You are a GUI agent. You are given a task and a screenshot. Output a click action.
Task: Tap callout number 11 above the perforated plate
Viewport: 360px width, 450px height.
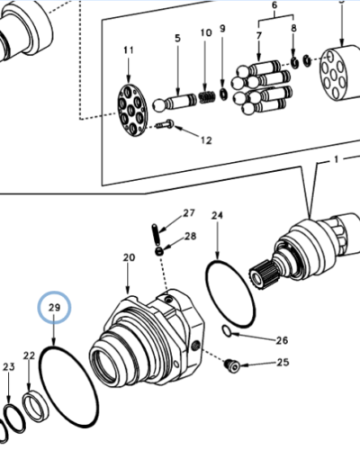coord(128,49)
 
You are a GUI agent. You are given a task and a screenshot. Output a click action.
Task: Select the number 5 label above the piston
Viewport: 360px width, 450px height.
coord(177,39)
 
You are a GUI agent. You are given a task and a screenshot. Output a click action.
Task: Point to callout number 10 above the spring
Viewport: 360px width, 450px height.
coord(206,33)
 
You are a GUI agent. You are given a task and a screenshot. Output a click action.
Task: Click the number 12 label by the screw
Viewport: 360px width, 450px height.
coord(206,140)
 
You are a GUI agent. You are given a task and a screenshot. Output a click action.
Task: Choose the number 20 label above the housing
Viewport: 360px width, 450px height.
coord(128,258)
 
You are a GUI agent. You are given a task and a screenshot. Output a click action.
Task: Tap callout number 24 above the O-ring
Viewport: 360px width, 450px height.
coord(217,216)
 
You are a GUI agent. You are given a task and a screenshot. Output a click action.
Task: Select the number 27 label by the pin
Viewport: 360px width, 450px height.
coord(189,213)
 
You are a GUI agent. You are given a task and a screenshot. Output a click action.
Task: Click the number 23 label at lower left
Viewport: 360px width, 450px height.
coord(9,366)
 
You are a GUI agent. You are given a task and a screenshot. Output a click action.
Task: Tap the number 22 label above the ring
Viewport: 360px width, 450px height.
coord(29,356)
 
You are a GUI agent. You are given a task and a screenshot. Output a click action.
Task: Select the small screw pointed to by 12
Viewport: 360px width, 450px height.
coord(165,125)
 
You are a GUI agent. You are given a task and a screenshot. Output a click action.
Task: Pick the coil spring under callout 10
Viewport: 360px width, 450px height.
coord(207,93)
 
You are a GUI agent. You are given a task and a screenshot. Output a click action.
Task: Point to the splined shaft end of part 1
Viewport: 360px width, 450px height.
coord(266,268)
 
